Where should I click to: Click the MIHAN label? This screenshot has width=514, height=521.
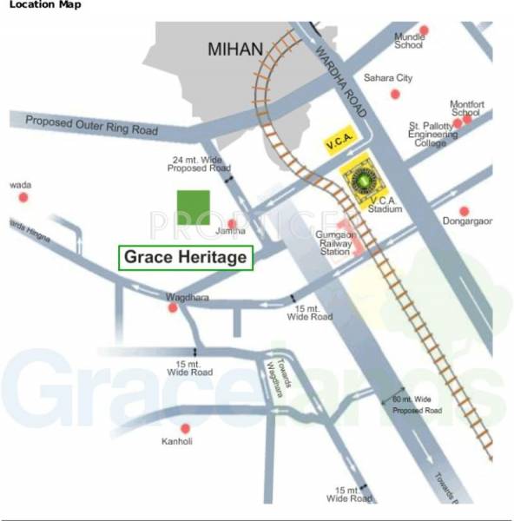(x=234, y=49)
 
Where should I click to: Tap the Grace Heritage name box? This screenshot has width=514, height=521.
(x=186, y=258)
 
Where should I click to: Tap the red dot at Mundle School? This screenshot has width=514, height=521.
(x=425, y=30)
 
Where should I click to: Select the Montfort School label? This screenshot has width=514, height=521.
(x=465, y=108)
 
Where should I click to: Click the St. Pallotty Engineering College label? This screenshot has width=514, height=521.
(x=434, y=135)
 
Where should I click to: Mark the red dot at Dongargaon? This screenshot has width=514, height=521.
(x=465, y=211)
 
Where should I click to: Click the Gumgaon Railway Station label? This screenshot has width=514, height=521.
(x=334, y=243)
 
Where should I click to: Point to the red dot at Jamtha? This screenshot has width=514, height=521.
(x=231, y=223)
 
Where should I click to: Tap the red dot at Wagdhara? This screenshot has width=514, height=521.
(x=173, y=307)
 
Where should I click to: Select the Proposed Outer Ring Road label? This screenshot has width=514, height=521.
(x=92, y=124)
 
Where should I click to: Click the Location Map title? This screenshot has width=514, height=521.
(x=45, y=5)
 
